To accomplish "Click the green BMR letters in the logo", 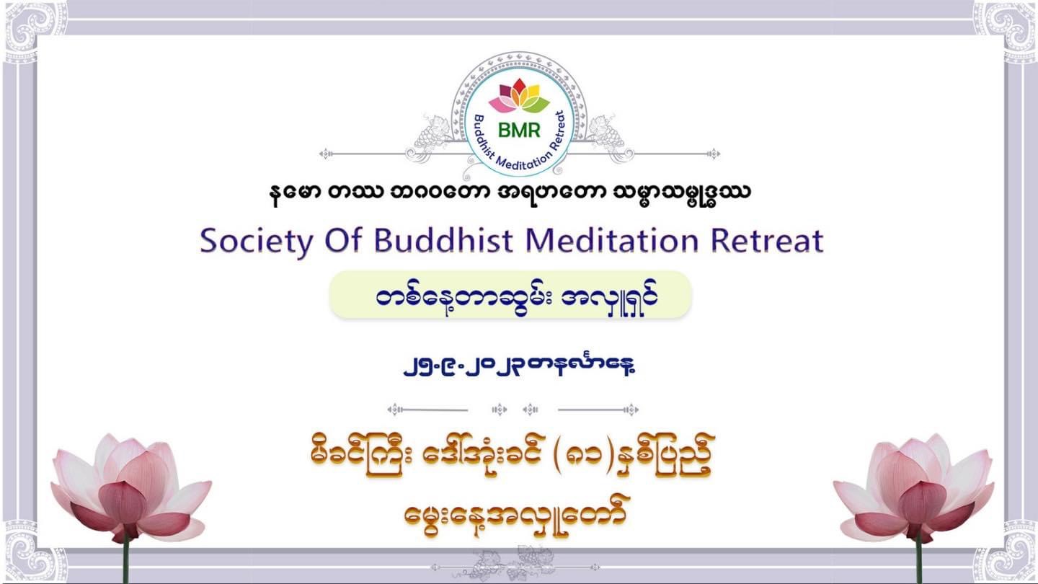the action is (519, 130).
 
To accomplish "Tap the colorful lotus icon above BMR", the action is (519, 96).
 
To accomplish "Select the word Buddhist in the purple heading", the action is (443, 240).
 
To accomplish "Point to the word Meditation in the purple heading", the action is (612, 240).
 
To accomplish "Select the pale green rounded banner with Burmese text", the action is (510, 296).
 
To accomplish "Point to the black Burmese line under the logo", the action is (510, 193).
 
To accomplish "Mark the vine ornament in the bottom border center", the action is (515, 565).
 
